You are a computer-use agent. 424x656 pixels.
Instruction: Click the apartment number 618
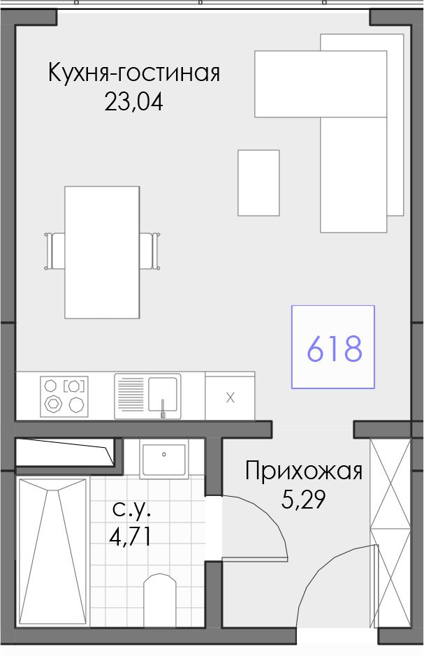(334, 348)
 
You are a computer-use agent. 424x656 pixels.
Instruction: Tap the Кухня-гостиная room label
(134, 73)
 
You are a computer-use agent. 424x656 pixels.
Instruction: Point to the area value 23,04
(133, 102)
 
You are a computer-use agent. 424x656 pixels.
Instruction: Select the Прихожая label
(304, 472)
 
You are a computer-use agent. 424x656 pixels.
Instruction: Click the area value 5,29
(303, 500)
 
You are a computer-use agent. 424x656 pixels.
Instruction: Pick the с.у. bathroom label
(131, 509)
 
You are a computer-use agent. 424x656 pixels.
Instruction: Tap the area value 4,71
(130, 537)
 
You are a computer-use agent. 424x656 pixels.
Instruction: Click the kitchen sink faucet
(163, 409)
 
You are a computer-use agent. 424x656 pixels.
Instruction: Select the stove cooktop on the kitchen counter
(64, 397)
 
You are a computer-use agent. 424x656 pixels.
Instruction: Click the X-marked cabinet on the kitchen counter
(230, 396)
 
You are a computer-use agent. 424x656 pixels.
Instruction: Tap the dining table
(102, 252)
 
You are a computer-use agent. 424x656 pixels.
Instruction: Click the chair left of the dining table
(54, 251)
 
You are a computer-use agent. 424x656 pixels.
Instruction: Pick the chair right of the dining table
(149, 251)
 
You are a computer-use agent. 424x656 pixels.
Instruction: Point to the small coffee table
(258, 183)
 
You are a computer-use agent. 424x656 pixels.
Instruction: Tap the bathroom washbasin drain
(164, 454)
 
